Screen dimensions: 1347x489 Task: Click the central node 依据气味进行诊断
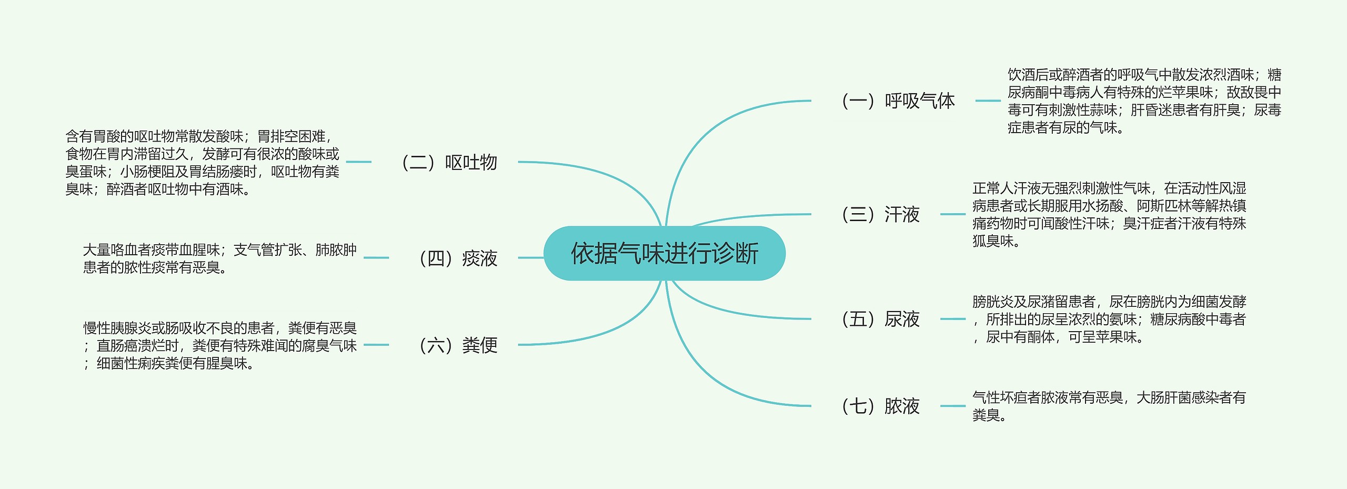(x=664, y=253)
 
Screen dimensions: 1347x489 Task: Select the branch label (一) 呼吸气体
(x=898, y=101)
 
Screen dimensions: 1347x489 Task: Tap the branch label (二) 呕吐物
(x=449, y=162)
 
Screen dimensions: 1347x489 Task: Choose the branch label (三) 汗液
(x=881, y=214)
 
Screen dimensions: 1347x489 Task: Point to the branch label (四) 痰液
(x=458, y=258)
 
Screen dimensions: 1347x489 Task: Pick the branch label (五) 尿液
(x=881, y=319)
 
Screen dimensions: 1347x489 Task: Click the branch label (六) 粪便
(x=458, y=345)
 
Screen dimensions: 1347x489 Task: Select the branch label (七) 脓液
(x=881, y=406)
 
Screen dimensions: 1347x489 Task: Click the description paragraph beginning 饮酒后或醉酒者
(x=1144, y=101)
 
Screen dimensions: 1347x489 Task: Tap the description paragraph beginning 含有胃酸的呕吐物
(x=203, y=162)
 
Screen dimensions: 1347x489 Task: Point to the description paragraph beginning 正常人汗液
(x=1109, y=214)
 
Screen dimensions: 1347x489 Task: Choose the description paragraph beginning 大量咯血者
(x=219, y=258)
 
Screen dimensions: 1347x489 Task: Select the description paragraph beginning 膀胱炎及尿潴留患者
(x=1109, y=319)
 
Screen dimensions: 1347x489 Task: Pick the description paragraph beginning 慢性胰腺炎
(x=219, y=345)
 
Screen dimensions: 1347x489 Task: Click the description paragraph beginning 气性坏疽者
(x=1109, y=406)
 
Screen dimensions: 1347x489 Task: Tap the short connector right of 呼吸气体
(x=988, y=101)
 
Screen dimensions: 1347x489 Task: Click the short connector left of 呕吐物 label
(x=359, y=162)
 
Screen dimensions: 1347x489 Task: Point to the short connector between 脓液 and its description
(x=952, y=406)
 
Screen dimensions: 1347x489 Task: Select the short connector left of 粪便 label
(x=376, y=345)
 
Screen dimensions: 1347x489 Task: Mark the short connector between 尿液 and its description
(x=952, y=319)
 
